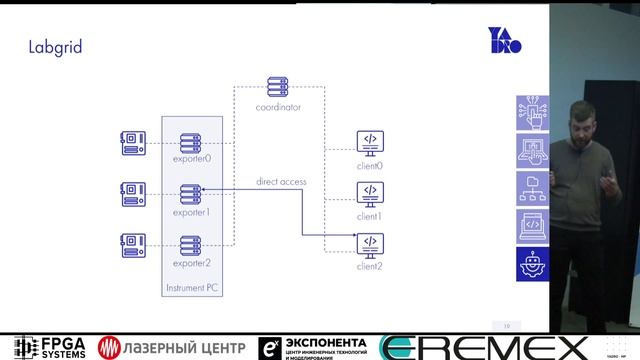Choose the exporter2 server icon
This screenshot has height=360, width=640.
[x=192, y=244]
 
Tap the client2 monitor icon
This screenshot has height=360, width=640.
[x=370, y=243]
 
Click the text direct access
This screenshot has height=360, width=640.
[x=280, y=181]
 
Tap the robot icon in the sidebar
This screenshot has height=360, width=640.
[x=533, y=262]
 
